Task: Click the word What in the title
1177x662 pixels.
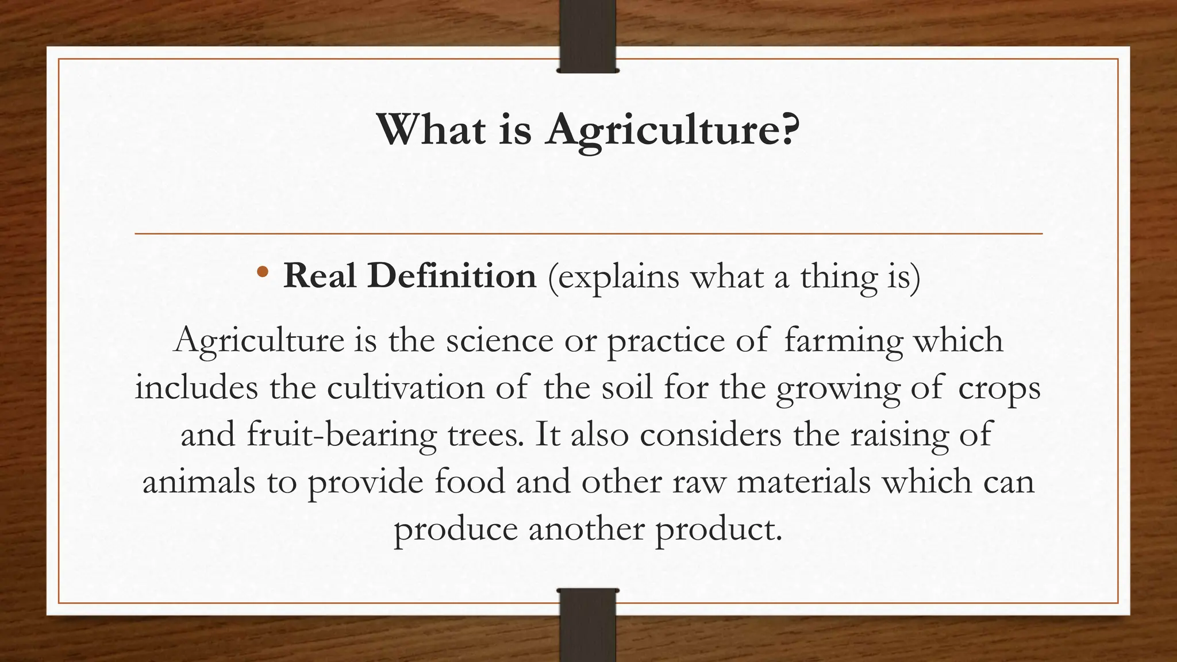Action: pos(431,130)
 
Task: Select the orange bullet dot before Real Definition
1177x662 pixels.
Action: pos(262,272)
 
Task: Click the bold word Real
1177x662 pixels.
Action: pos(320,276)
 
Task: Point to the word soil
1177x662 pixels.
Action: pos(627,387)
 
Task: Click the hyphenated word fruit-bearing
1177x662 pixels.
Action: pos(342,436)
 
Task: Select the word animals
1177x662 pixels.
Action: pos(198,482)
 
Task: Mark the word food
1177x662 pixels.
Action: pos(469,482)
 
